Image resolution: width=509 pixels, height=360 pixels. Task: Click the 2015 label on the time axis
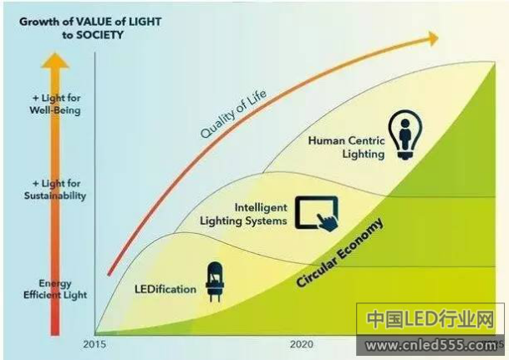(94, 344)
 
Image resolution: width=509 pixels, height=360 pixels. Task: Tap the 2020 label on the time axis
(302, 344)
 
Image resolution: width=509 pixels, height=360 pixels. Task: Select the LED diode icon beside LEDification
(215, 281)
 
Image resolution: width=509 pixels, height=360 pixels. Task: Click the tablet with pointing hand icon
(317, 214)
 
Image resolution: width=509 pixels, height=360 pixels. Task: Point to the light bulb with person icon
(405, 135)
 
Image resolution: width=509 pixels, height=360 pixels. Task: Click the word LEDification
(165, 289)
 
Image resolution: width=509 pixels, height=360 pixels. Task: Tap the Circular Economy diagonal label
(339, 252)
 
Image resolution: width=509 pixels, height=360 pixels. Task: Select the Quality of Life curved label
(233, 114)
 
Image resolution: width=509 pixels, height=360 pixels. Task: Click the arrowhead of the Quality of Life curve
(434, 38)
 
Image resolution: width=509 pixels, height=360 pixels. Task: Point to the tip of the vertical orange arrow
(55, 53)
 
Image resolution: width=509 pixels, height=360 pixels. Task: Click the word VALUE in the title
(94, 22)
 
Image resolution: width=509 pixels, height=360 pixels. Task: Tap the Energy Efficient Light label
(55, 289)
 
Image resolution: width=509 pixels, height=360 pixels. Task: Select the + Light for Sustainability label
(55, 190)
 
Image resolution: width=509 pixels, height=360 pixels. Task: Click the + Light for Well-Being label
(55, 104)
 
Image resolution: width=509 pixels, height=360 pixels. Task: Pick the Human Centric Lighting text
(346, 147)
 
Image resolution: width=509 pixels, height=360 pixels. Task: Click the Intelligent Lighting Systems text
(243, 214)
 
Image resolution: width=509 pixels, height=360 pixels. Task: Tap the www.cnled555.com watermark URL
(430, 346)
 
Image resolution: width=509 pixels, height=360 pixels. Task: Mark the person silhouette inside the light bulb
(405, 134)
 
